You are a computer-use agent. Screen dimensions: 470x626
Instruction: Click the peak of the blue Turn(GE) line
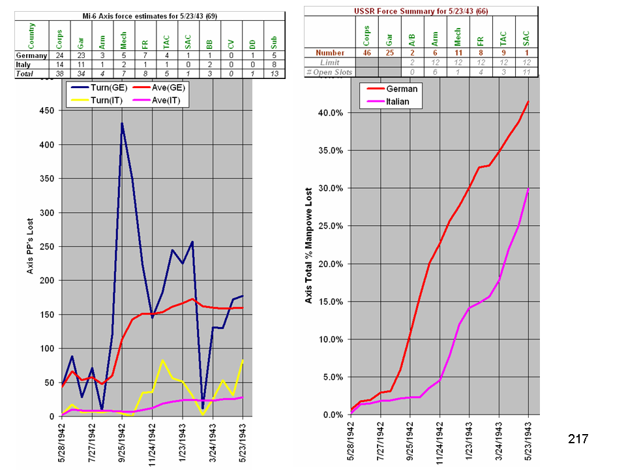122,123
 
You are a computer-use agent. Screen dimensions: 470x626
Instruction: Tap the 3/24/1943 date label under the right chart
499,443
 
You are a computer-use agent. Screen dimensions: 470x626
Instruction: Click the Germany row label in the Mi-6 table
31,55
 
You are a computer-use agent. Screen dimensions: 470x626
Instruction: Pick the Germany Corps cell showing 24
59,55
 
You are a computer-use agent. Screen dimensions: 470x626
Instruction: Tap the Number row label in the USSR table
330,53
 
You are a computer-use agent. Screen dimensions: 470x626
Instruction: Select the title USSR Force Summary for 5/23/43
421,11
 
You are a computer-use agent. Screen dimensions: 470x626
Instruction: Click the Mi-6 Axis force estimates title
150,15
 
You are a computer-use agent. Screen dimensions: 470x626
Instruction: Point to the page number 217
578,439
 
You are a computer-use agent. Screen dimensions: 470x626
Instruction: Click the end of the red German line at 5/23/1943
528,101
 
